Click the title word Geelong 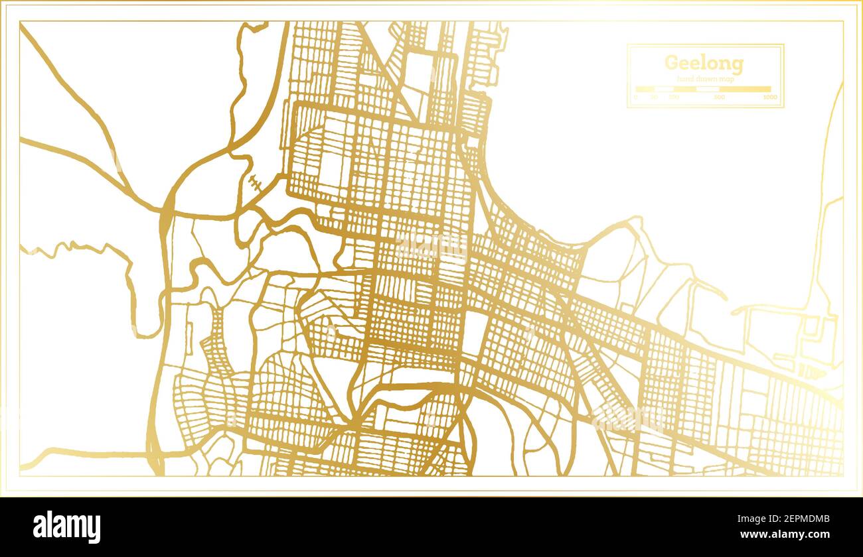click(704, 64)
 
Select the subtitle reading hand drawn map click(705, 79)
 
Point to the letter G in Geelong click(671, 64)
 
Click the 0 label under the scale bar click(635, 97)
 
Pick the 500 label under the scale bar click(719, 97)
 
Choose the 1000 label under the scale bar click(770, 97)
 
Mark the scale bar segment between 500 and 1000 click(745, 89)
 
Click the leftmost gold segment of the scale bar click(645, 89)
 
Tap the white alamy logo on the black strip click(67, 527)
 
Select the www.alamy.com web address click(783, 534)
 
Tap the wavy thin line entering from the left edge click(80, 249)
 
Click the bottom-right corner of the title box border click(783, 107)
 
